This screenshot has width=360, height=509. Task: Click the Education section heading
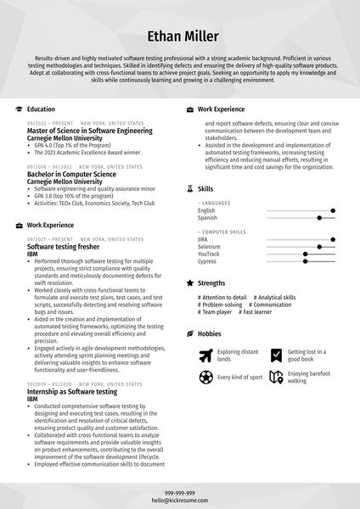41,109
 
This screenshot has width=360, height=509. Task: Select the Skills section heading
205,188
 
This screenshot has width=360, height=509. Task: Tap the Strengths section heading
211,283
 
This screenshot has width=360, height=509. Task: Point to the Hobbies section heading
210,334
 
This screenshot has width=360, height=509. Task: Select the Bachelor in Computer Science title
72,174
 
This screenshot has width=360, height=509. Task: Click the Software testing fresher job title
65,246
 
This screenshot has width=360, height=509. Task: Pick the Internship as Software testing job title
72,393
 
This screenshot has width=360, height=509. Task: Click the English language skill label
207,210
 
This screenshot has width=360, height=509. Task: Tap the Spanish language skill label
208,218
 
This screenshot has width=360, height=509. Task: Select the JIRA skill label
204,239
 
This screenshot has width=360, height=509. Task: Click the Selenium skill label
210,247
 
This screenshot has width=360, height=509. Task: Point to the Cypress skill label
208,261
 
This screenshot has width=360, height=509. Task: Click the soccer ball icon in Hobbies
205,378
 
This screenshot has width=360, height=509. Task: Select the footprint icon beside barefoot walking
276,378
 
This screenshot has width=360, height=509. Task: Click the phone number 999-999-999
180,493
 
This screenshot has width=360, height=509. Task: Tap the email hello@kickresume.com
180,500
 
